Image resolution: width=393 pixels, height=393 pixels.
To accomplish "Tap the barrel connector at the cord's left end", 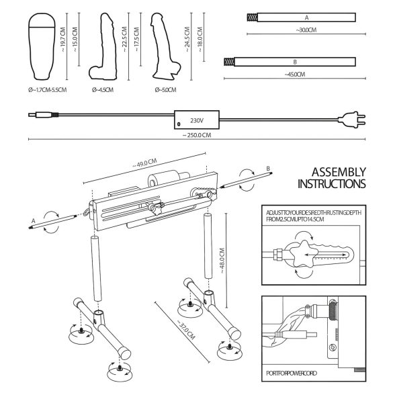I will click(34, 115).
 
